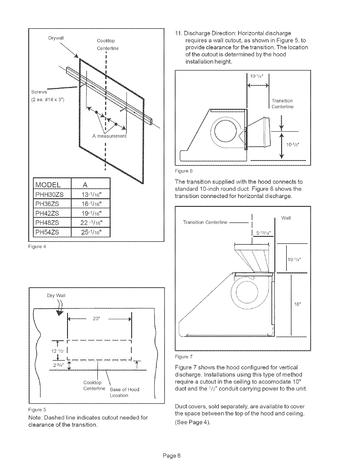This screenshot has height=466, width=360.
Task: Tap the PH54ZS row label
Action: [x=47, y=232]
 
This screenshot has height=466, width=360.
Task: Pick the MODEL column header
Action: [x=48, y=185]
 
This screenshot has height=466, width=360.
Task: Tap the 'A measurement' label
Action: [x=109, y=136]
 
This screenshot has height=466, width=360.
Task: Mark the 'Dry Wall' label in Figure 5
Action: [x=56, y=295]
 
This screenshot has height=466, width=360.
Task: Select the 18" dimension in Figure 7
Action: [x=297, y=304]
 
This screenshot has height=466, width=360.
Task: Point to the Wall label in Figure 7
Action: [x=286, y=218]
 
